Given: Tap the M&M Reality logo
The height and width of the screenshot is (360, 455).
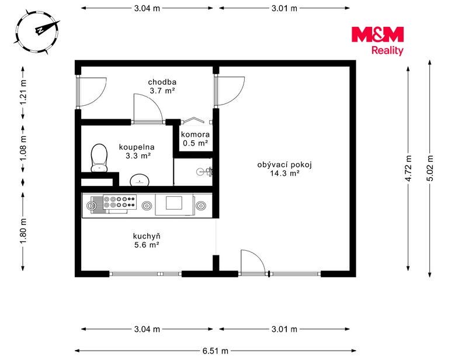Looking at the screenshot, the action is [377, 41].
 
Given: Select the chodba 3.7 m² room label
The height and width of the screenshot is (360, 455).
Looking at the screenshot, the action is [162, 86].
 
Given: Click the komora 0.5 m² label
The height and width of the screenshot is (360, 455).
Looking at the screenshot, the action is [195, 139].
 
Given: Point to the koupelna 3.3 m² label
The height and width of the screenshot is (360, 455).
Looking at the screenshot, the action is [137, 151].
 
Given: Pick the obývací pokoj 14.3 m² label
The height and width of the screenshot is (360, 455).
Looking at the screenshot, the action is [284, 169].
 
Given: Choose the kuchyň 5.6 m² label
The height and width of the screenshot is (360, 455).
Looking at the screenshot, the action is [147, 240].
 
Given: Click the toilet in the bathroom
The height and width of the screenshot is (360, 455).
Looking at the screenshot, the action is [99, 158].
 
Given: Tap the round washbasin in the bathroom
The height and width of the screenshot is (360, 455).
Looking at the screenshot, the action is [140, 180].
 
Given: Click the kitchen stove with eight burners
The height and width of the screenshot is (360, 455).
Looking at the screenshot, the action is [120, 202].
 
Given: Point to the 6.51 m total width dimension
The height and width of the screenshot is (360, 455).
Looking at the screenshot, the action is [216, 351].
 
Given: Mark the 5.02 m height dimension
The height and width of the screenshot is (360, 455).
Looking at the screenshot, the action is [430, 168].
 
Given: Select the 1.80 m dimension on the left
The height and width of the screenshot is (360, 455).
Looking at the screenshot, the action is [23, 231].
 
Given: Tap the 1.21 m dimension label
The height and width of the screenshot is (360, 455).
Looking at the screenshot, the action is [23, 92].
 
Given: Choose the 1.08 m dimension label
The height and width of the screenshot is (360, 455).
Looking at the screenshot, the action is [23, 148].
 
